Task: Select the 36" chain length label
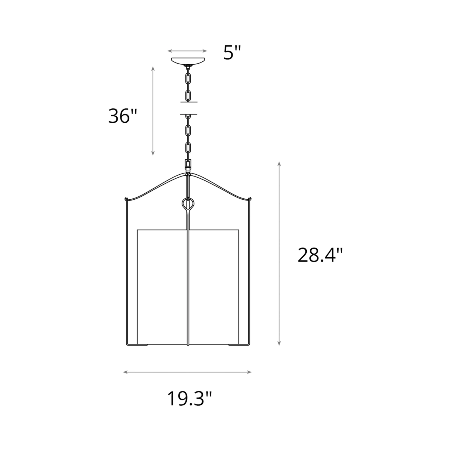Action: (123, 116)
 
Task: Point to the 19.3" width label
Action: (190, 398)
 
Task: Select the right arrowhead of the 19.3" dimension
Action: (249, 372)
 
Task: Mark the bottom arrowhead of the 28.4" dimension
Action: (279, 343)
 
